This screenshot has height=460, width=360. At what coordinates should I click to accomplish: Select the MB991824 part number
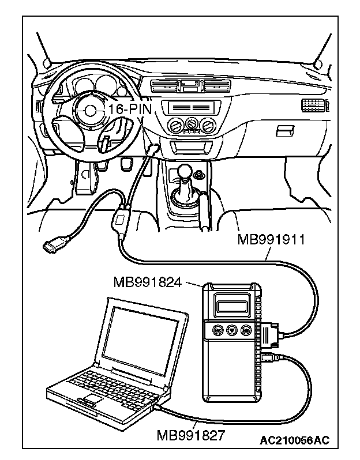click(148, 282)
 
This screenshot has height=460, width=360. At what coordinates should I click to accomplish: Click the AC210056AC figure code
click(294, 441)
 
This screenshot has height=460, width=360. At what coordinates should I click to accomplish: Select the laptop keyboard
click(112, 381)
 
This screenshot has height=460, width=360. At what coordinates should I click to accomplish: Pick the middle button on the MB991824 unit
click(231, 330)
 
